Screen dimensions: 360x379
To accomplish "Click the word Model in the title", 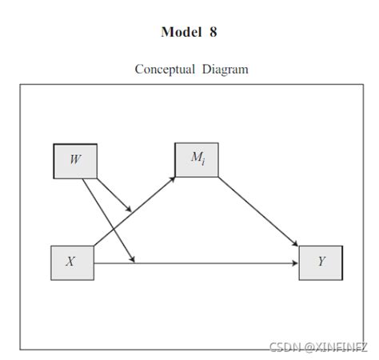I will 179,33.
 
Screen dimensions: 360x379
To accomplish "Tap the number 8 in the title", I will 212,33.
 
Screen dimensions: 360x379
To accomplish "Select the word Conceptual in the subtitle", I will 164,70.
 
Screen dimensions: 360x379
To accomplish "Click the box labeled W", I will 74,160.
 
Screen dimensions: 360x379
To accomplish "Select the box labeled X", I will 72,262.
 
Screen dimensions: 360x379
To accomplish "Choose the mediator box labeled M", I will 197,159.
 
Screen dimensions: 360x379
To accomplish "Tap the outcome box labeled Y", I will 321,262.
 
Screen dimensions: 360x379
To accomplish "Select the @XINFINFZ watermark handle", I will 335,347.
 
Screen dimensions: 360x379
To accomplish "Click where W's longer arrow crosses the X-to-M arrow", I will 114,227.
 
